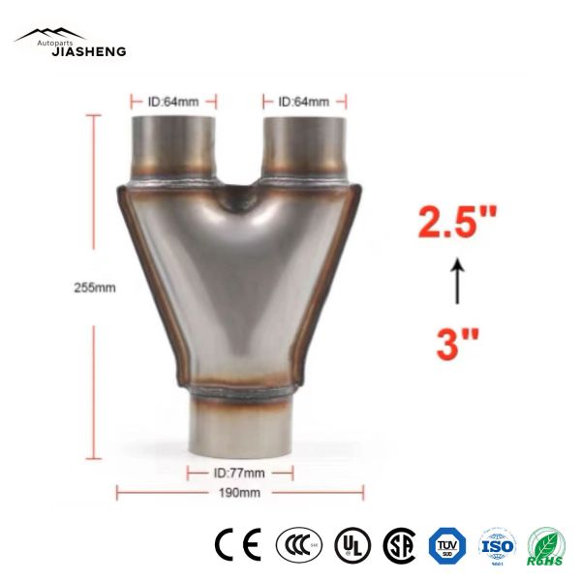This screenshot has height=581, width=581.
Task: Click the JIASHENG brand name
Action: [88, 51]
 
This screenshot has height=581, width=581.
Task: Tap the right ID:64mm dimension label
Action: [304, 101]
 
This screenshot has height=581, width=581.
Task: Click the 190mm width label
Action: [240, 493]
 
